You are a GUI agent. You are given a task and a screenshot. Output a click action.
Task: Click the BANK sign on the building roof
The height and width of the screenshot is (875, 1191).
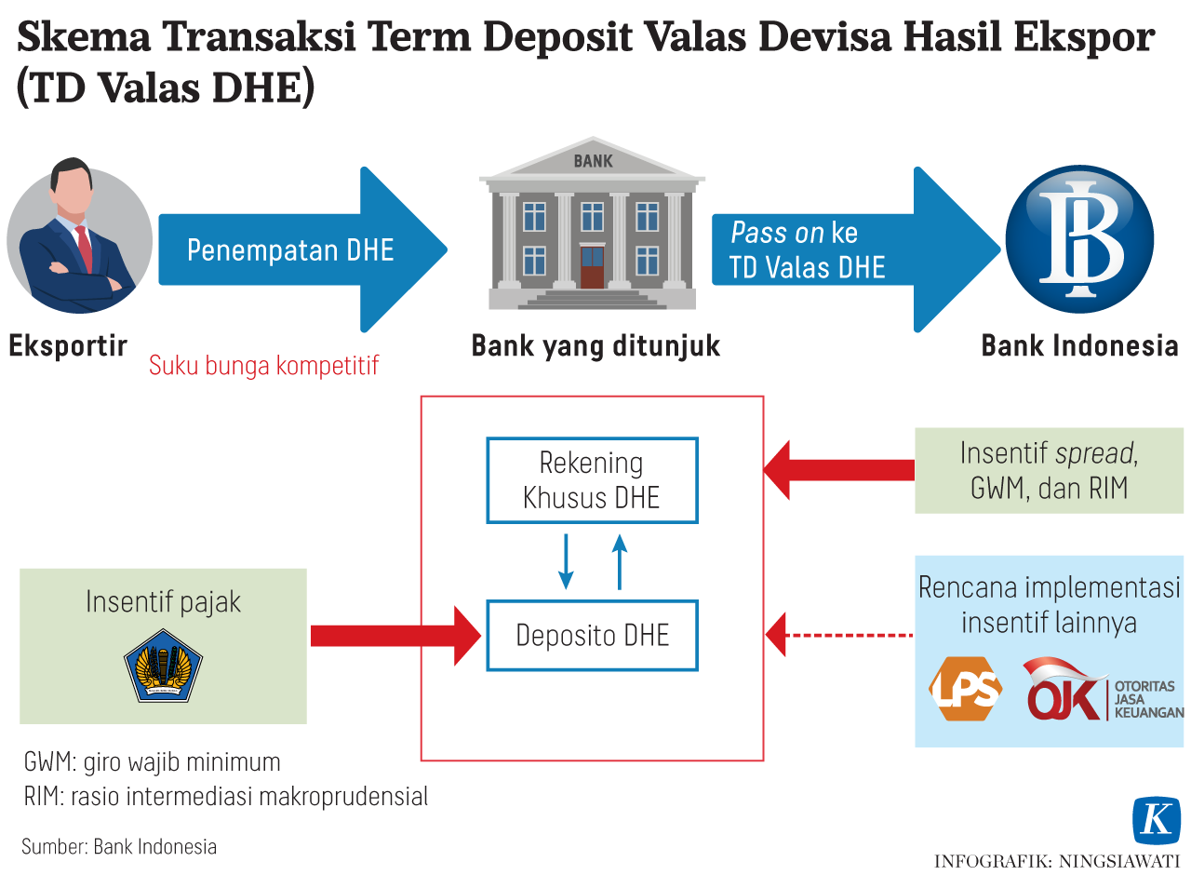click(593, 161)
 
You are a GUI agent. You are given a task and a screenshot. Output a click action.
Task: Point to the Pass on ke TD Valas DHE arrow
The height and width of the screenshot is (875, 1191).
click(837, 249)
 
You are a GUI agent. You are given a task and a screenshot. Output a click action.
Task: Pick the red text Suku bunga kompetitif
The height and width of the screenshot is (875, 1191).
click(264, 365)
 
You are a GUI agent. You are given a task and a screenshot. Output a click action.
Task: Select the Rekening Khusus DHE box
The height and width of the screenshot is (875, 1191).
click(592, 480)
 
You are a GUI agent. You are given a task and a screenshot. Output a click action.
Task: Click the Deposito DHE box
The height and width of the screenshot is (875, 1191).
click(592, 636)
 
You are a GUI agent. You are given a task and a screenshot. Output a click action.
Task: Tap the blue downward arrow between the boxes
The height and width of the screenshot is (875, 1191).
click(565, 562)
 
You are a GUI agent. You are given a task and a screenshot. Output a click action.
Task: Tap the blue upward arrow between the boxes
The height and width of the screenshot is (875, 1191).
click(620, 562)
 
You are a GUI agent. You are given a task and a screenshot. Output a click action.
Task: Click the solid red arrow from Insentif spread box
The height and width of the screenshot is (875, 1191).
click(837, 469)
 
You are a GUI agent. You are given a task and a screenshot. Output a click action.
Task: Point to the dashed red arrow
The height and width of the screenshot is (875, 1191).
click(837, 636)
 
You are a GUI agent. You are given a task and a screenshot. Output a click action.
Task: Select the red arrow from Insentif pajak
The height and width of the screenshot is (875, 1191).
click(391, 636)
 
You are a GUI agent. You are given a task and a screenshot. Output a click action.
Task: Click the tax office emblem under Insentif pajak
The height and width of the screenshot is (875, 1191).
click(164, 666)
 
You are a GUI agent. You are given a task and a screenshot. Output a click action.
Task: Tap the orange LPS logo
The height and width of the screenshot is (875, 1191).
click(965, 689)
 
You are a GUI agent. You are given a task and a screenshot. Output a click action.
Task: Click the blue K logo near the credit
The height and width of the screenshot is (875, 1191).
click(1157, 821)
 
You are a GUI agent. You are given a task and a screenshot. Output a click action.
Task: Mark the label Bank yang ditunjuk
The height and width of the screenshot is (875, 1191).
click(595, 346)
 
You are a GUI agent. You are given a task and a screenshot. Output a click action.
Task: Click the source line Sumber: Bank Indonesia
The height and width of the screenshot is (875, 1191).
click(119, 846)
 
